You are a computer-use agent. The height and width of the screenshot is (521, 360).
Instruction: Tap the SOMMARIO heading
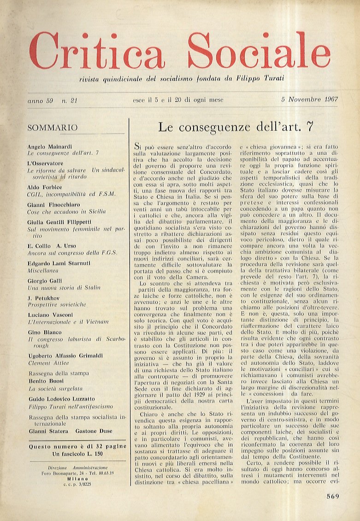coord(53,128)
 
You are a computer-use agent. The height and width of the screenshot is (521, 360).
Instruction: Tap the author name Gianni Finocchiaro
coord(54,205)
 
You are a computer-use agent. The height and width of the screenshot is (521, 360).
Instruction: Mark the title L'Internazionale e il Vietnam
coord(68,321)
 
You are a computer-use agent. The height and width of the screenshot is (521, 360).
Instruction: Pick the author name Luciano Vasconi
coord(50,314)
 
